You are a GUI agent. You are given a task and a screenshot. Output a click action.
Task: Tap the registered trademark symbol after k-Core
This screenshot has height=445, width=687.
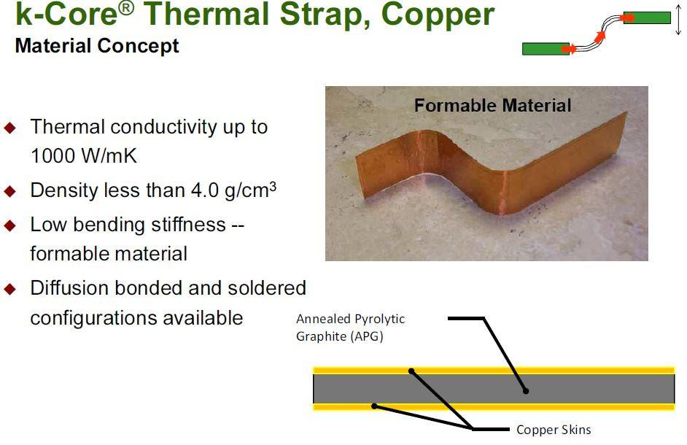click(x=125, y=7)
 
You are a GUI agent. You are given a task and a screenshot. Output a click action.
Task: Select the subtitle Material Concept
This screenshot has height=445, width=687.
click(x=97, y=47)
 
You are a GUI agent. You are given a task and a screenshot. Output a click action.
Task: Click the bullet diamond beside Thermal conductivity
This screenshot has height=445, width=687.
click(x=10, y=128)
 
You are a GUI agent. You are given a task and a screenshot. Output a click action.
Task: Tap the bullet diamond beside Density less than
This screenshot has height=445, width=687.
click(x=10, y=192)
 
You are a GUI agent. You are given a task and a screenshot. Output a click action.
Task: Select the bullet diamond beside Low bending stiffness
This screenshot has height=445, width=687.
click(x=10, y=225)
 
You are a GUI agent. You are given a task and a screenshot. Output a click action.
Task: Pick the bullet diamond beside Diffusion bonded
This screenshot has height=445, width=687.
click(x=10, y=289)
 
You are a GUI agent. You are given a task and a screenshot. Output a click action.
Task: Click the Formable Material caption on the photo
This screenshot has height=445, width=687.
click(x=492, y=106)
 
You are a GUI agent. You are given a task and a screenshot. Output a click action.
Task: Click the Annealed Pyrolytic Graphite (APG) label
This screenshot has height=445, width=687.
click(x=350, y=328)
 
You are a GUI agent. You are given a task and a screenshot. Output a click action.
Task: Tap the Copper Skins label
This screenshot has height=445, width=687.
click(x=554, y=429)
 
